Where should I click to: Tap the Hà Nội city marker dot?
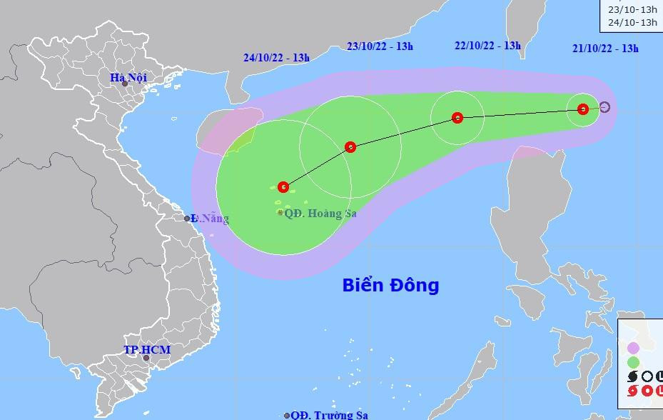coord(125,84)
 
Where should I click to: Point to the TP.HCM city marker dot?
coord(146,358)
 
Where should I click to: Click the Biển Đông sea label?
coord(390,286)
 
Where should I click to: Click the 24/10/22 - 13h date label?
coord(276,58)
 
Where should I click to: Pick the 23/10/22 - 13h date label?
coord(380,46)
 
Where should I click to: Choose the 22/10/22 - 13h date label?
coord(487,45)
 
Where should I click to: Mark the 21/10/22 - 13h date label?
coord(605,48)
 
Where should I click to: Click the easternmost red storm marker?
coord(583,109)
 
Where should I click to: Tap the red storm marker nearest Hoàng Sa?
coord(283,187)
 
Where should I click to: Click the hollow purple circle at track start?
coord(604,107)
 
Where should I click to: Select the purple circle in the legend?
coord(632,348)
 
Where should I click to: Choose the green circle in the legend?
coord(632,362)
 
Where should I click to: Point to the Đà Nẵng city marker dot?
coord(188,219)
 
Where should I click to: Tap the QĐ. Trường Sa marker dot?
coord(287,415)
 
